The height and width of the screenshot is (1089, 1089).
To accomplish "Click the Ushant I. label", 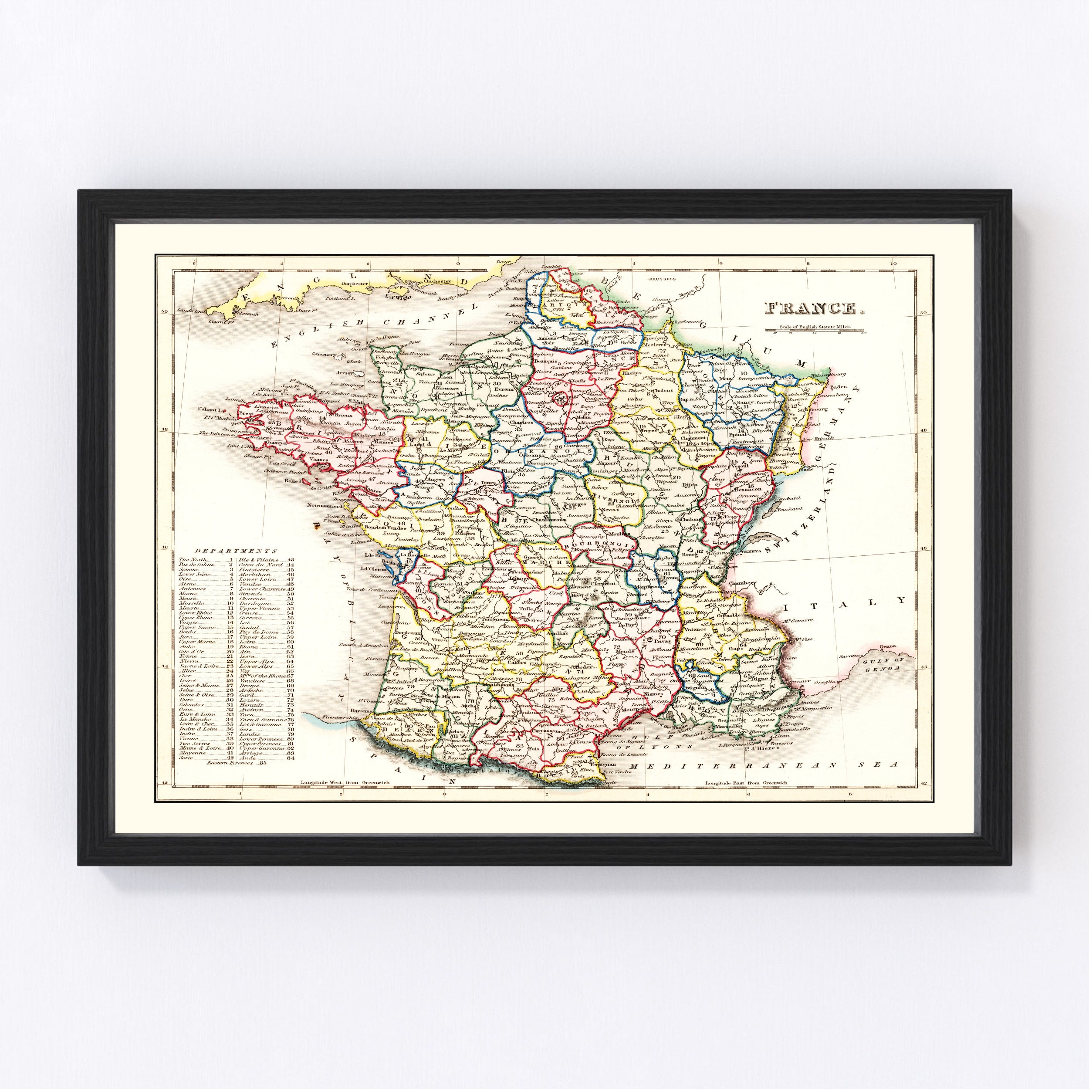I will pos(209,408).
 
